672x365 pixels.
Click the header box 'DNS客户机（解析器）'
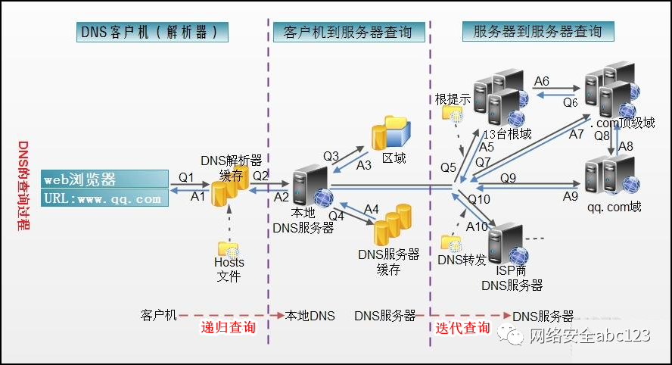click(154, 32)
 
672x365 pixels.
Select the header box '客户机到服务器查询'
click(347, 32)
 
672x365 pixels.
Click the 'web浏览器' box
click(104, 179)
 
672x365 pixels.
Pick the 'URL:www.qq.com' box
click(104, 198)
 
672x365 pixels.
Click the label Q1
click(186, 177)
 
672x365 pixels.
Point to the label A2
click(282, 197)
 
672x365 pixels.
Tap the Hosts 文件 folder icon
click(229, 248)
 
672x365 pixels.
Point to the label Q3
click(331, 156)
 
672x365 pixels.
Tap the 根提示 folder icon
click(453, 114)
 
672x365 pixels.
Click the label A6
click(541, 81)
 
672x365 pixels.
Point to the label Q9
click(508, 178)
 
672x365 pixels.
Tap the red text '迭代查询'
click(462, 328)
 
